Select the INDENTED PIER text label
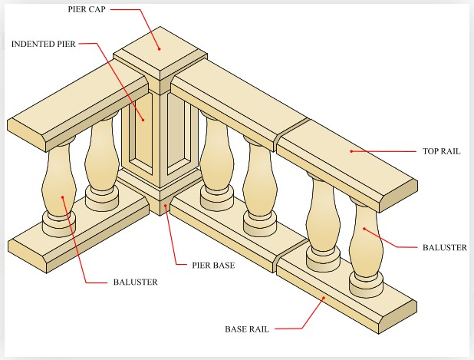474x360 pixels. [43, 44]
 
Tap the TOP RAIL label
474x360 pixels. [441, 151]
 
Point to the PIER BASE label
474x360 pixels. [213, 266]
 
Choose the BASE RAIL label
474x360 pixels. [249, 329]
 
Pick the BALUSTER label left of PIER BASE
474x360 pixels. [133, 282]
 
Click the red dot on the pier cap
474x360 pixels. [159, 48]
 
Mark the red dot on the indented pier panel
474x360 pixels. [142, 119]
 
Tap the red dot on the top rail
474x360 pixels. [351, 151]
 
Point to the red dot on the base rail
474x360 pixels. [324, 297]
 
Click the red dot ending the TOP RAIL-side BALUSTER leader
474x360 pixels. [364, 230]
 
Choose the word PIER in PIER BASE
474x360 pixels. [202, 266]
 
